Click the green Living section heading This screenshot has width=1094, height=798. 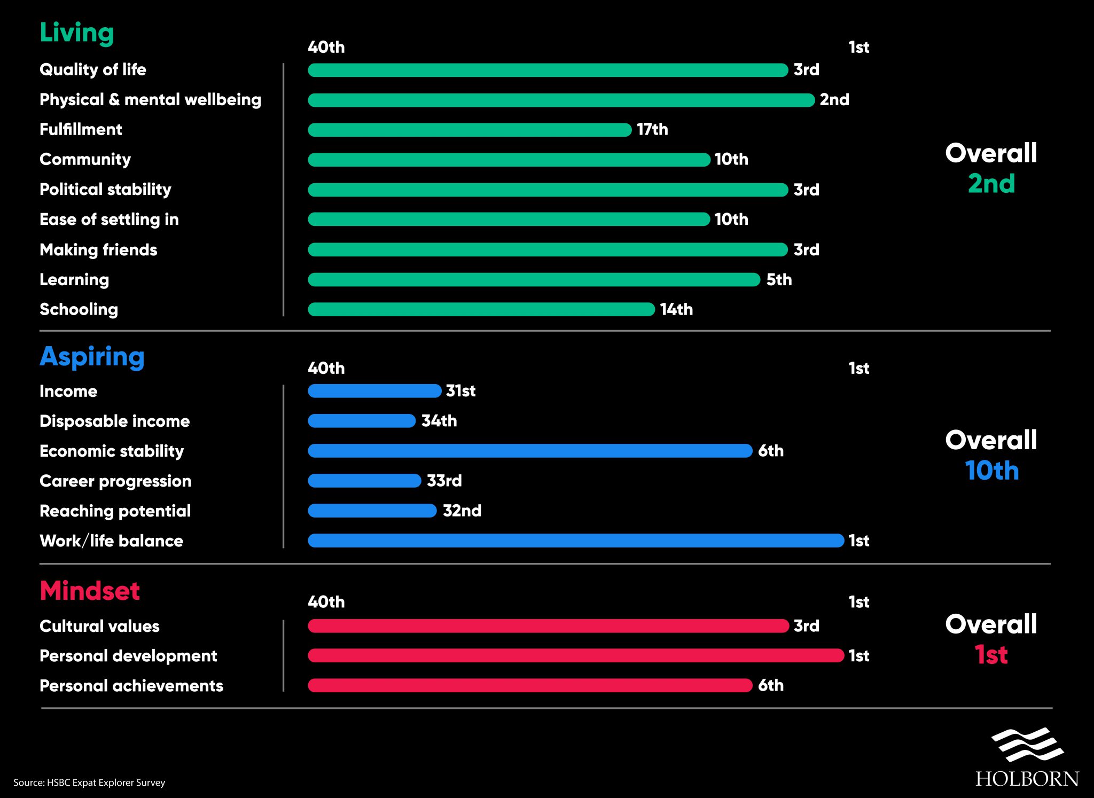[x=77, y=33]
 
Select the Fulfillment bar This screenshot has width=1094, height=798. [x=470, y=130]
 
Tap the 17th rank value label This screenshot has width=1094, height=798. [x=652, y=129]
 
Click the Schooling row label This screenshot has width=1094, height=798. [x=79, y=309]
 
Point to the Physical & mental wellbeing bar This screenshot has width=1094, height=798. [x=561, y=100]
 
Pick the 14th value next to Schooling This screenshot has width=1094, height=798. [x=676, y=309]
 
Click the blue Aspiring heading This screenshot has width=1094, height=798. [x=92, y=357]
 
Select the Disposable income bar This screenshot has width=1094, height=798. [x=362, y=421]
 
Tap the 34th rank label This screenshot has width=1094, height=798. [x=439, y=421]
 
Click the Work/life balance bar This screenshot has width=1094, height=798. [x=576, y=541]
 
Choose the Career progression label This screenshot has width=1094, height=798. [x=115, y=481]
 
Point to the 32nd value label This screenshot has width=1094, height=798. [x=462, y=511]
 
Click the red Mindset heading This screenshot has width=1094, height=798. [x=90, y=591]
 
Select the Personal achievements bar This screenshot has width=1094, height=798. [x=530, y=685]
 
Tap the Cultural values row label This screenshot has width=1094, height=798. [x=99, y=626]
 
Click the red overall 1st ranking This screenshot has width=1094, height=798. [x=991, y=654]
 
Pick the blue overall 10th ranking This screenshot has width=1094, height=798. [x=991, y=471]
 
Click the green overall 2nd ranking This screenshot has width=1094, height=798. [x=991, y=184]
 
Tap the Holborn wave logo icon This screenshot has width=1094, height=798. [x=1027, y=744]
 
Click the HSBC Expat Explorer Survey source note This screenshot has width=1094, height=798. [x=89, y=783]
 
